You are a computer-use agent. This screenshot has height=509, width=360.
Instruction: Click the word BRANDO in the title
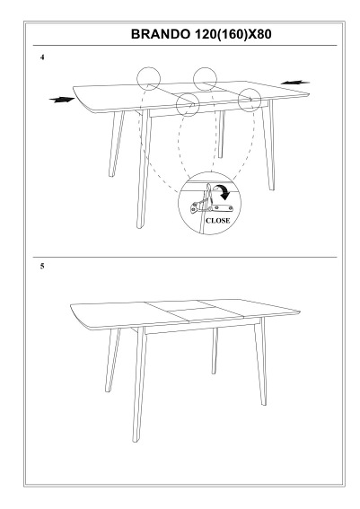161,34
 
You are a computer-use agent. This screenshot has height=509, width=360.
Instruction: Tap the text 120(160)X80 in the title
233,34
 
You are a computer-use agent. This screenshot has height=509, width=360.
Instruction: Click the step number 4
42,57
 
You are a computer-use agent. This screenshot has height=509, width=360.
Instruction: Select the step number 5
42,267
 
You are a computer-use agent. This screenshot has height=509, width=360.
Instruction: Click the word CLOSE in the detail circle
218,221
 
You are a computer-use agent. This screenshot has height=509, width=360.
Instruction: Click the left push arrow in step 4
62,100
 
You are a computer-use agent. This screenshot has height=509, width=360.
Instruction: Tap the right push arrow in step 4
295,83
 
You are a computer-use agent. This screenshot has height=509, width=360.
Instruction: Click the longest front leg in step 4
143,169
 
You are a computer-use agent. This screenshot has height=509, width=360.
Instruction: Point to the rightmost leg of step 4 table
269,145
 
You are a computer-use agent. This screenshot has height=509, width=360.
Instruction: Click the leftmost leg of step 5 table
112,360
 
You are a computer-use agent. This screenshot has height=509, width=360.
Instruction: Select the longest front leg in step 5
139,384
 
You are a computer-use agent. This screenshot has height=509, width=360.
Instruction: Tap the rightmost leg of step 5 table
260,362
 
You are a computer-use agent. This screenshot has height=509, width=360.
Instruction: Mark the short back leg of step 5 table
215,351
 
